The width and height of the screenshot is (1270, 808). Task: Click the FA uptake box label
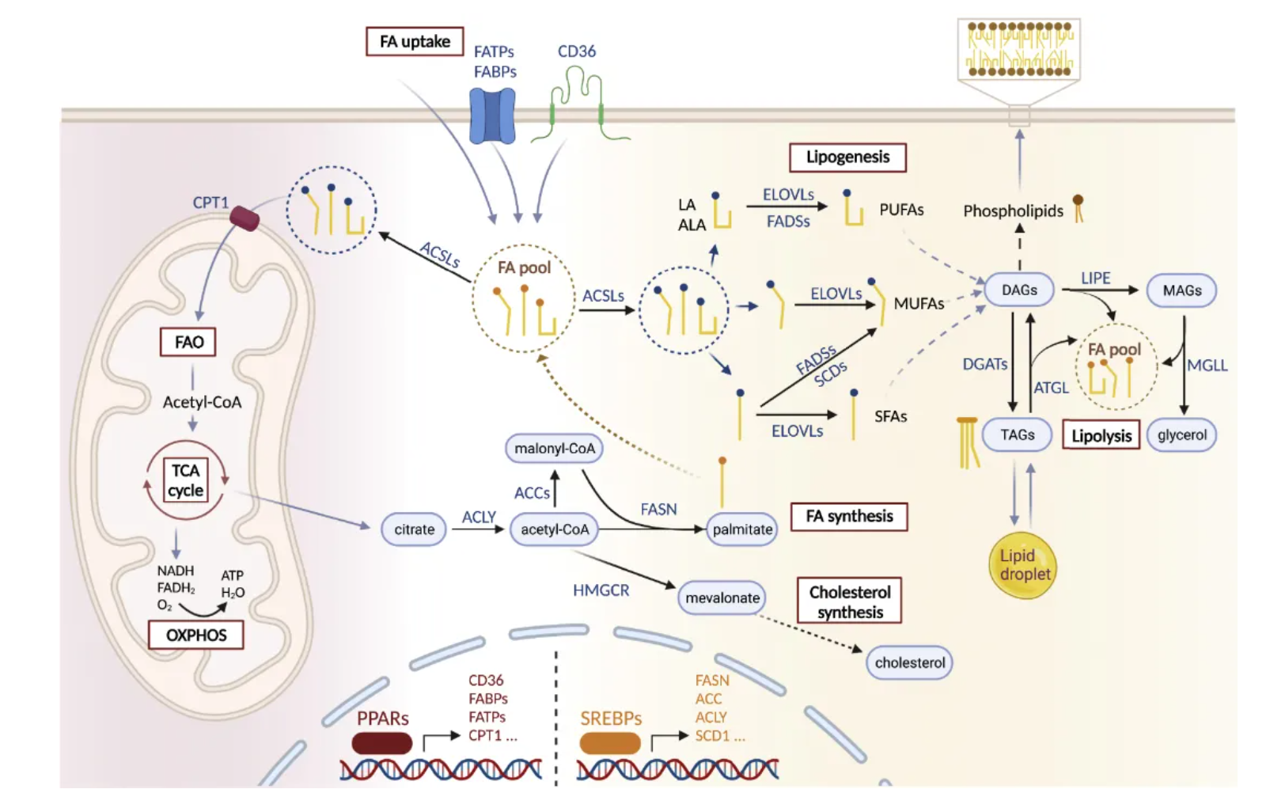tap(415, 41)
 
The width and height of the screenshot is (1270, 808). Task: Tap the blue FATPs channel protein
tap(492, 116)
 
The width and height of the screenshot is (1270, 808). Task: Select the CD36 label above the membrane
tap(576, 51)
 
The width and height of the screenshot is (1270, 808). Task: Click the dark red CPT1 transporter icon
tap(245, 218)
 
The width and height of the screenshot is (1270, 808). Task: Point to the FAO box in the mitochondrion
tap(188, 342)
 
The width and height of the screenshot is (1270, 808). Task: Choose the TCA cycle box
tap(186, 480)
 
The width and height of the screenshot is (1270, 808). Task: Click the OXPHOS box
tap(195, 635)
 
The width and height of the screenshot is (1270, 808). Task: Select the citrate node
tap(414, 529)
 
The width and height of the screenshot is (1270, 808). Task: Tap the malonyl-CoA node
tap(554, 449)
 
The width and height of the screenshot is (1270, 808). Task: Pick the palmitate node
tap(741, 529)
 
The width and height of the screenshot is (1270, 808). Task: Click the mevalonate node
tap(722, 598)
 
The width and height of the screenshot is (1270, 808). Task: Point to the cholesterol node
tap(909, 662)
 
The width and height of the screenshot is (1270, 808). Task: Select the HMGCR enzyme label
tap(601, 590)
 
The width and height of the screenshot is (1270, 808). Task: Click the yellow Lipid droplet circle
tap(1023, 565)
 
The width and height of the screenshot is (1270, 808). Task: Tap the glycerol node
tap(1181, 434)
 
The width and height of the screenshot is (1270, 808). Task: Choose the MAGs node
tap(1181, 290)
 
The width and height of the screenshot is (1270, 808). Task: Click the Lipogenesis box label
tap(847, 157)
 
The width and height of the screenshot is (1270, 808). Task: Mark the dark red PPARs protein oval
tap(382, 743)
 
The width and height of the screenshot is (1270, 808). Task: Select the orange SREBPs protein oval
tap(610, 743)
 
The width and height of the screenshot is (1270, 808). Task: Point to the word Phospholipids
tap(1013, 211)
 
